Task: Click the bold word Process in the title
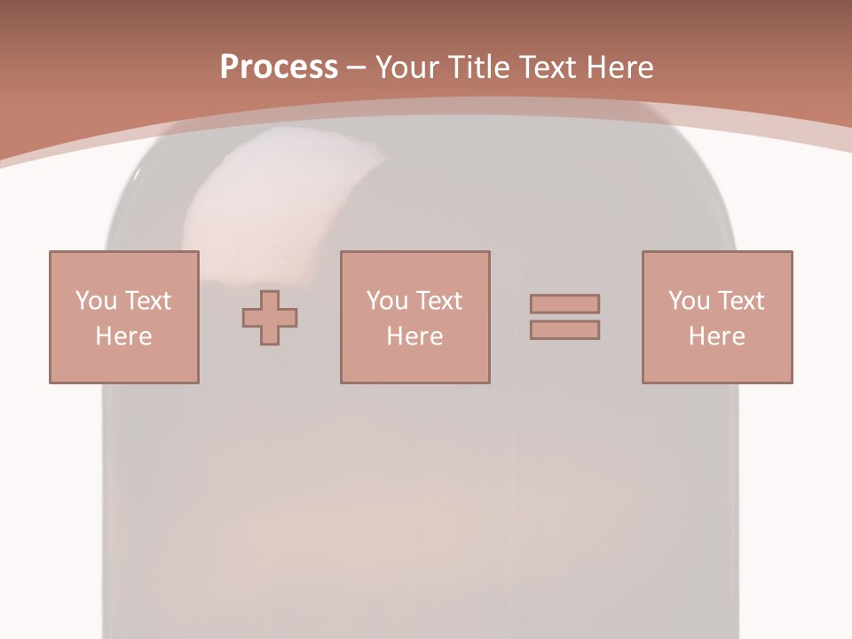(279, 67)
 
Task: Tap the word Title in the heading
(480, 67)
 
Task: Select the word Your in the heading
(408, 67)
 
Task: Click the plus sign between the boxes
(270, 317)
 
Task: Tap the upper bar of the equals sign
(564, 304)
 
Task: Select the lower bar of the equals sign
(564, 329)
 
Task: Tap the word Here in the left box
(123, 336)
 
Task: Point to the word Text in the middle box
(438, 301)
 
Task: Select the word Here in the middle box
(414, 336)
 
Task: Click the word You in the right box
(689, 301)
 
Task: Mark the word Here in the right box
(716, 336)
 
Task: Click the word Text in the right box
(740, 301)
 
